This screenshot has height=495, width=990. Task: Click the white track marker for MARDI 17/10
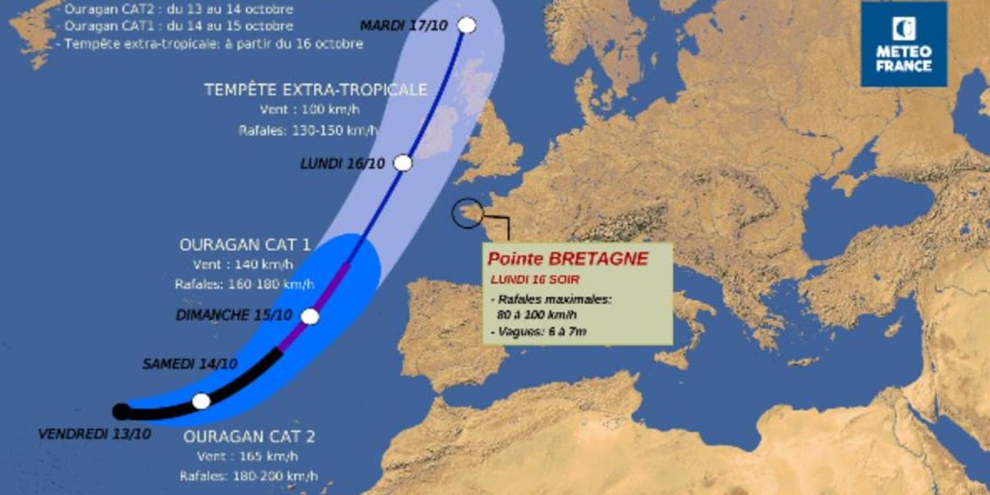pos(467,25)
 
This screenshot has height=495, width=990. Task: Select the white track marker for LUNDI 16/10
pos(403,163)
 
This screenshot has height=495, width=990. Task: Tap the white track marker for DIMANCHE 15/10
pos(310,316)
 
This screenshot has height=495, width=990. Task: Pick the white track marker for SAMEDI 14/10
pos(201,401)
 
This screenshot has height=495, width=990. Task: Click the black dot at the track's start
pos(120,411)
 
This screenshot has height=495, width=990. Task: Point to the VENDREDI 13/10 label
pos(95,434)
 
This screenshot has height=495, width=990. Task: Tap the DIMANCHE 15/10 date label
pos(234,316)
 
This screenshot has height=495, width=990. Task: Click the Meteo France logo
pos(903,43)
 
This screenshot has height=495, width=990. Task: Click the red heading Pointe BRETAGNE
pos(567,259)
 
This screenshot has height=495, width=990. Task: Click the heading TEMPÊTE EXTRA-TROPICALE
pos(316,90)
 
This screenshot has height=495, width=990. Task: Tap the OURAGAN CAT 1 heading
pos(245,245)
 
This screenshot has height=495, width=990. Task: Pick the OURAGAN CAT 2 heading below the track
pos(249,437)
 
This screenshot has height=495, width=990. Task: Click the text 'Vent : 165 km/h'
pos(247,456)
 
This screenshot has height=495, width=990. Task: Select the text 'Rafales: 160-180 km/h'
pos(245,284)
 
